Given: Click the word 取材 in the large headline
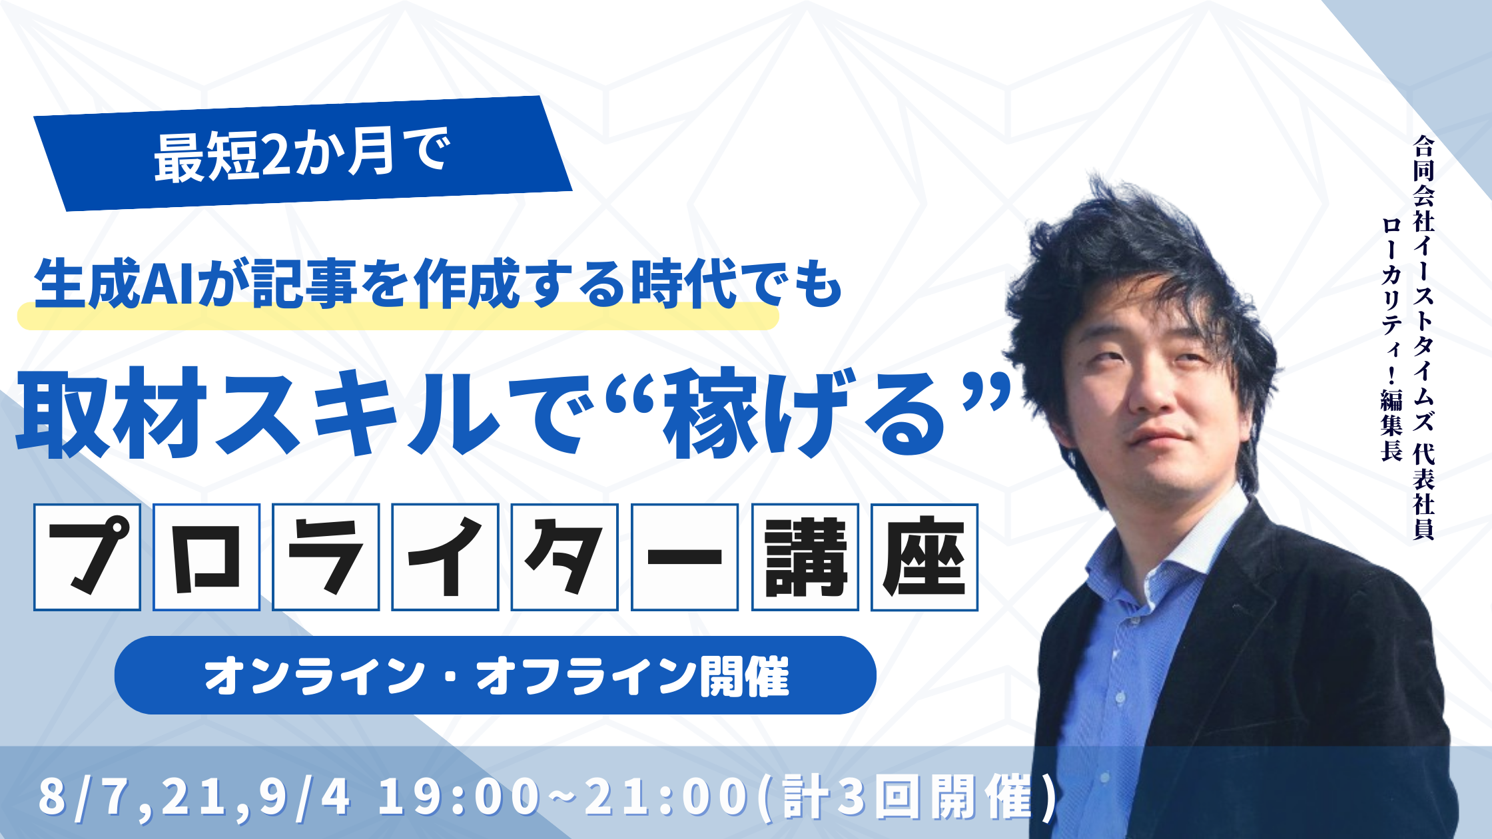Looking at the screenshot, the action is [x=110, y=414].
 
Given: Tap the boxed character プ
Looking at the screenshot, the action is [x=87, y=557].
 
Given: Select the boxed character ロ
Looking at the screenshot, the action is [x=206, y=557].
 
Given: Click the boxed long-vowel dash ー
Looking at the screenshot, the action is [x=685, y=557].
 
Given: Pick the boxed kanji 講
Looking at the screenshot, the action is [x=805, y=557].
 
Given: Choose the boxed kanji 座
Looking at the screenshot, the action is [x=925, y=557].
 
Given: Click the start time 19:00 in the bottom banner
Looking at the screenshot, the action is [x=459, y=796].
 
